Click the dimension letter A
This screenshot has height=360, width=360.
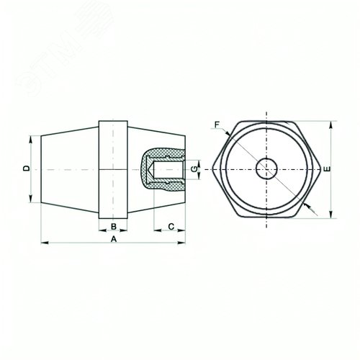click(x=114, y=239)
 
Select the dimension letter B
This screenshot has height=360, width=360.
click(x=114, y=226)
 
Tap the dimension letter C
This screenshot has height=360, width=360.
click(x=171, y=227)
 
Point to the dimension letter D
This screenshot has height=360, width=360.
click(x=27, y=168)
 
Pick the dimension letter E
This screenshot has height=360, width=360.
click(x=327, y=169)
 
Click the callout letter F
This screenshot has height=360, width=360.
click(x=217, y=125)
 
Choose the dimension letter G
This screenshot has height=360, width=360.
click(x=194, y=169)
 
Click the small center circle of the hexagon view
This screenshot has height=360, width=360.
click(x=266, y=169)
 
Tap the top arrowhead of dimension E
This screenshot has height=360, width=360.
click(x=331, y=125)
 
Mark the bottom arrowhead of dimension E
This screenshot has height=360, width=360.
click(x=331, y=215)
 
